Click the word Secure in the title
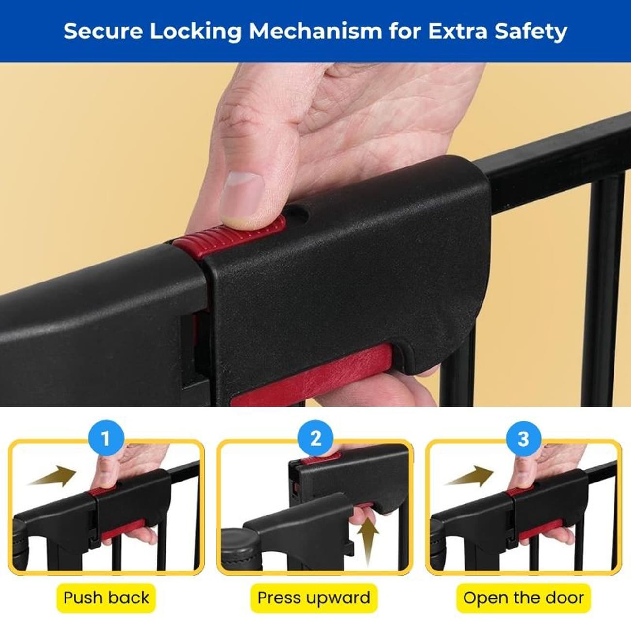(x=103, y=31)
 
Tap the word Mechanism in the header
(x=315, y=31)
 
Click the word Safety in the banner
(x=531, y=32)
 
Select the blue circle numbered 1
(x=106, y=438)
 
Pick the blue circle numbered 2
(x=315, y=438)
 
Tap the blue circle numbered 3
(x=524, y=438)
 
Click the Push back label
(x=106, y=598)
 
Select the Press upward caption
(x=314, y=598)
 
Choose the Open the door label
(x=523, y=598)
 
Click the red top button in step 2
(x=320, y=461)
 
